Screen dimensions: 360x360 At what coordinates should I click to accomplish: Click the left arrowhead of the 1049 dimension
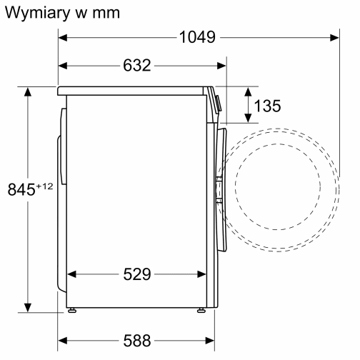(62, 38)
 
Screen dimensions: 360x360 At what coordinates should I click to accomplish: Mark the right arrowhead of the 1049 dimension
(334, 38)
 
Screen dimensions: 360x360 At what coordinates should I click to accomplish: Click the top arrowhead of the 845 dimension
(28, 91)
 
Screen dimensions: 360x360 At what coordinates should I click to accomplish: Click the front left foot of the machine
(73, 310)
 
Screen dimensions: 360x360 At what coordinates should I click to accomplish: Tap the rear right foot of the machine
(200, 310)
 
